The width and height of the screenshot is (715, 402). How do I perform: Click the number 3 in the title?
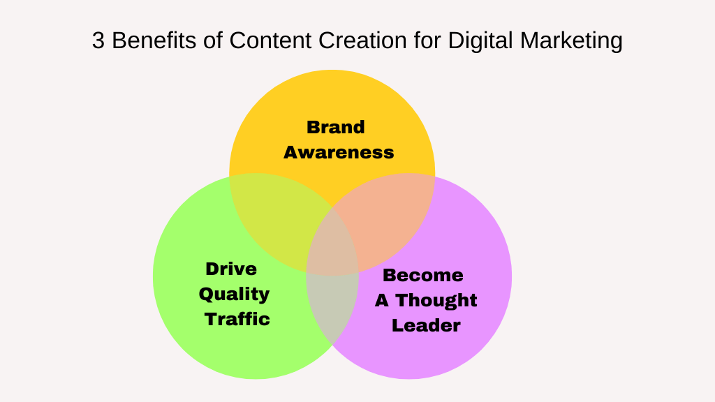click(x=98, y=41)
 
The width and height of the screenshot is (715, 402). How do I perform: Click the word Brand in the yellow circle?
click(x=336, y=127)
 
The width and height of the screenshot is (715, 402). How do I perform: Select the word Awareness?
click(x=339, y=152)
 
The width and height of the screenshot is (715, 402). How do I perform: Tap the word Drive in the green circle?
click(x=231, y=269)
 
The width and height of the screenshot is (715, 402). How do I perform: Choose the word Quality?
click(x=234, y=294)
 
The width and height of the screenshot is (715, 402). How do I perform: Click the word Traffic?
click(x=237, y=319)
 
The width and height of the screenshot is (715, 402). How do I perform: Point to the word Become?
click(x=423, y=275)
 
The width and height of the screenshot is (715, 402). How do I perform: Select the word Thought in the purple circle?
click(x=436, y=300)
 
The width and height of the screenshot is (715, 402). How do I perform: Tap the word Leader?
click(x=426, y=325)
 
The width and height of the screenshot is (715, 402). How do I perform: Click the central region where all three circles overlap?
click(x=332, y=244)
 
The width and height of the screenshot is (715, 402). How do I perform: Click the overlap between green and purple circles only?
click(x=332, y=307)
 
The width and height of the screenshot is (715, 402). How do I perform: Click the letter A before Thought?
click(x=382, y=300)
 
